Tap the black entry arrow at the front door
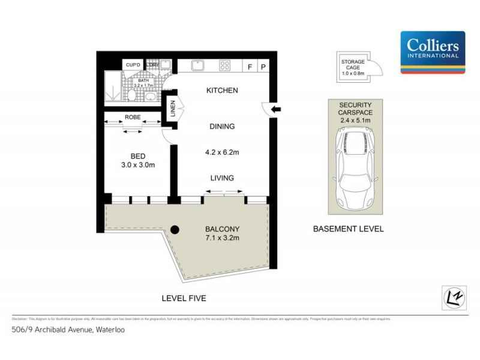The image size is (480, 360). [x=276, y=109]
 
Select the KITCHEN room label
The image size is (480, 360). [x=222, y=91]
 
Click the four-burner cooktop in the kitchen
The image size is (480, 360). [x=226, y=65]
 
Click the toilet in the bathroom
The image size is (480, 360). [x=131, y=95]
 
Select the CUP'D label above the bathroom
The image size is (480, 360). [x=133, y=65]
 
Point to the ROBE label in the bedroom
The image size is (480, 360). [x=133, y=117]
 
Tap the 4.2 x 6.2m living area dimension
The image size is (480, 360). [x=221, y=152]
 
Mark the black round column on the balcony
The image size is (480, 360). [x=175, y=229]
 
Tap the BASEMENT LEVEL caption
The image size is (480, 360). [x=349, y=229]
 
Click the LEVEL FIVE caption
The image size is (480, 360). [x=184, y=298]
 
